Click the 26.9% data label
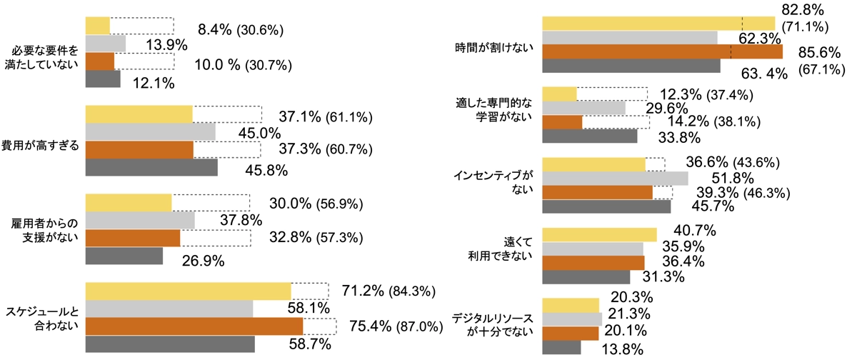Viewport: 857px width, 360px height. (194, 260)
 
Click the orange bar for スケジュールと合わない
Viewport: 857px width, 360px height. (194, 326)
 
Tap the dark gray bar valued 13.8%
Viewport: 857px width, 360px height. (561, 347)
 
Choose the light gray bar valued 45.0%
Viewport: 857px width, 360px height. (150, 131)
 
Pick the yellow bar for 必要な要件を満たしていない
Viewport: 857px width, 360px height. (97, 25)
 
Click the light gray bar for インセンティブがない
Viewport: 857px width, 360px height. (615, 178)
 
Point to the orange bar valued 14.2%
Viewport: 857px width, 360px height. (562, 122)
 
